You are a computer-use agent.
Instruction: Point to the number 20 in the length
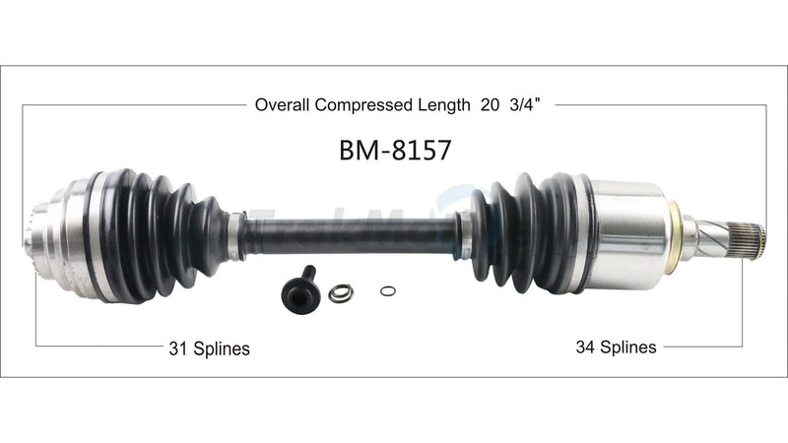491,103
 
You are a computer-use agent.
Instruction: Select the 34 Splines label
616,347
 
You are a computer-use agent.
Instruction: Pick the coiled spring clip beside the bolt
341,292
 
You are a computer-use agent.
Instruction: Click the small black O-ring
387,291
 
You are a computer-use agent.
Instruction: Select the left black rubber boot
158,234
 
